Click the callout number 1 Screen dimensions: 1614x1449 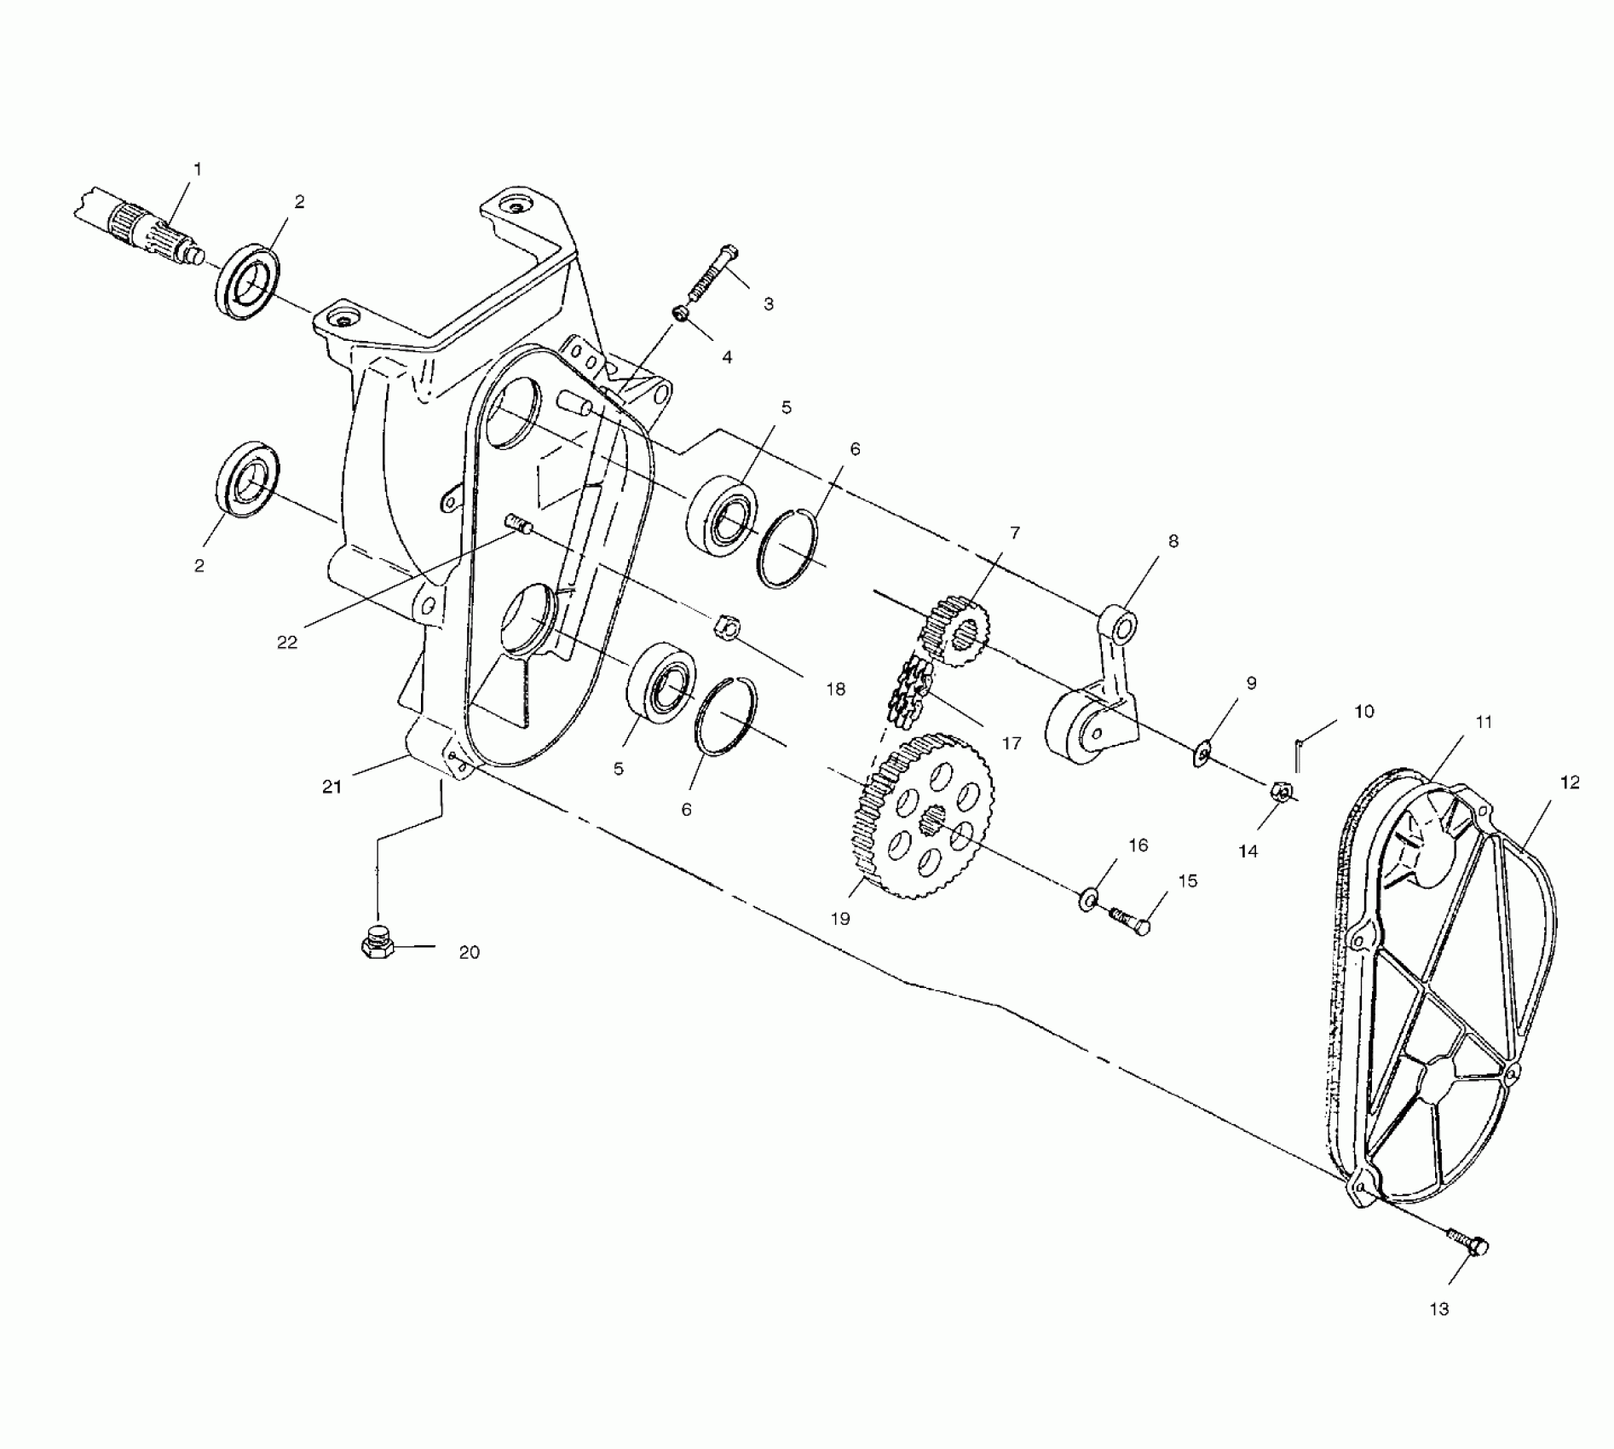pos(199,170)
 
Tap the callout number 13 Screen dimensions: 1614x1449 pos(1438,1308)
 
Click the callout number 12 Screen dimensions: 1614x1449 pos(1570,782)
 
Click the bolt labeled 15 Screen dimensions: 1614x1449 pos(1130,921)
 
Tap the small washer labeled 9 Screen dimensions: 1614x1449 pos(1203,753)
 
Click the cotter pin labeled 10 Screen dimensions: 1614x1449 pos(1298,754)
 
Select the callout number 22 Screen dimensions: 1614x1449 pos(287,642)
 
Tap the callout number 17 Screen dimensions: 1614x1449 pos(1012,743)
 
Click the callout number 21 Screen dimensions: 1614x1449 pos(331,787)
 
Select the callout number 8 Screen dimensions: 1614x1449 pos(1173,541)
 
